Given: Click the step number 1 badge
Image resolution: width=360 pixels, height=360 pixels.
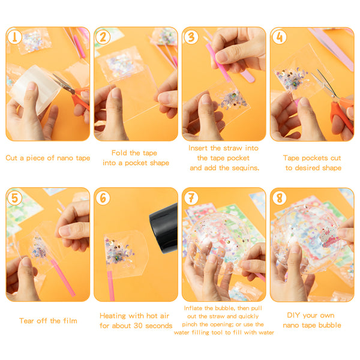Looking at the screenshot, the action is [x=14, y=37].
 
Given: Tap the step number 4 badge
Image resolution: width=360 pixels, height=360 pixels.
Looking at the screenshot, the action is [x=279, y=37].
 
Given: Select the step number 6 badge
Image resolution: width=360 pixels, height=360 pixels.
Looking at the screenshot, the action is [x=103, y=198].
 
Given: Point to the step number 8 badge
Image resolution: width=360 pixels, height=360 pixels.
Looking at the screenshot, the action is [x=279, y=198].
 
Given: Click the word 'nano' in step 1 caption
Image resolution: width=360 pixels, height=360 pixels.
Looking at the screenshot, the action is [x=65, y=158].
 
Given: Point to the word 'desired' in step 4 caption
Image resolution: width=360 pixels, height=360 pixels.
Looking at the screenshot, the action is [x=307, y=168].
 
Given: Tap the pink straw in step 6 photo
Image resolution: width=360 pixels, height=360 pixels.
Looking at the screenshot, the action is [x=110, y=286].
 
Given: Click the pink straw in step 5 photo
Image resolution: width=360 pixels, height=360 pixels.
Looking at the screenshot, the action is [x=63, y=277].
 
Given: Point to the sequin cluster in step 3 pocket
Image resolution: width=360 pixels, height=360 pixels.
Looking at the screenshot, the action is [x=233, y=100].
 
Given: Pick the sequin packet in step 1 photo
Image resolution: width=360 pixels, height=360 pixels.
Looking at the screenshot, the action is [x=34, y=41].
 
